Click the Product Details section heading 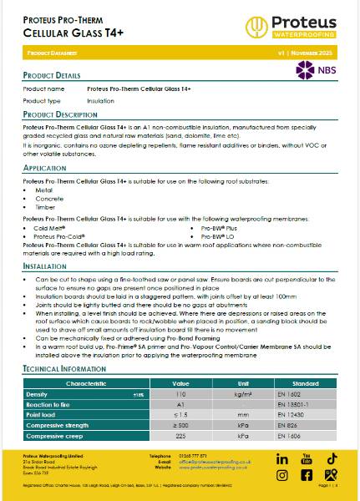[x=52, y=75]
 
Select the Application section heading [x=45, y=168]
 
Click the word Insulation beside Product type [x=103, y=99]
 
